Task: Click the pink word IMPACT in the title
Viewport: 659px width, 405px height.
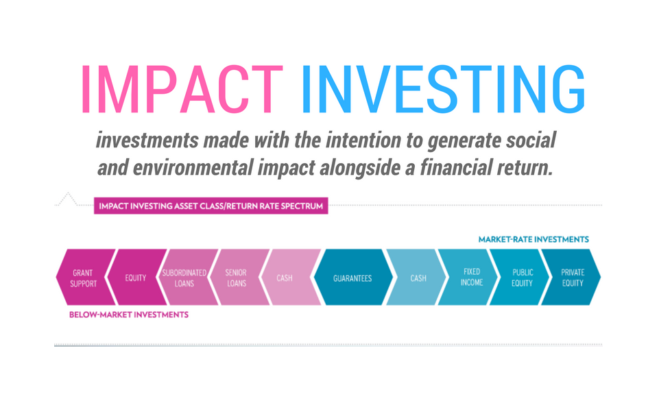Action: [182, 89]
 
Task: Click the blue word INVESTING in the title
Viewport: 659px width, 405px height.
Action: [444, 89]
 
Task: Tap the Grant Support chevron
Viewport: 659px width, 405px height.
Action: [86, 278]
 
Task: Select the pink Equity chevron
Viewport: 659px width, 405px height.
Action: [137, 278]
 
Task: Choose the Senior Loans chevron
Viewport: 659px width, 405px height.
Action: [239, 278]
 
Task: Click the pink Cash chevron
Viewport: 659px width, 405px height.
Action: [291, 278]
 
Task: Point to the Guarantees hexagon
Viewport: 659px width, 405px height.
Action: [353, 278]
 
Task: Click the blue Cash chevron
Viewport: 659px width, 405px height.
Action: [416, 278]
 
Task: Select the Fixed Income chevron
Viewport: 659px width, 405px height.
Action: [468, 278]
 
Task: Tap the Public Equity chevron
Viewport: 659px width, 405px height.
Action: [520, 278]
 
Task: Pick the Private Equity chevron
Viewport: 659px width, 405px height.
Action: [571, 278]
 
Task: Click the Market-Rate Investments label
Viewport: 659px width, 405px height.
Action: [534, 239]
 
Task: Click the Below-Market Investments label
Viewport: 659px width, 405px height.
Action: [129, 315]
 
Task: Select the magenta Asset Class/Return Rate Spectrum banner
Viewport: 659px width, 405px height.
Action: [211, 206]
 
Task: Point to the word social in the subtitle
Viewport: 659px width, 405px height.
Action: [531, 140]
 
